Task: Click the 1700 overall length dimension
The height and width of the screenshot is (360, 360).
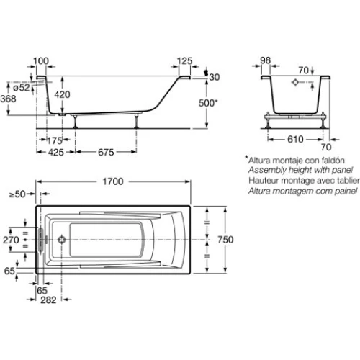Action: [113, 181]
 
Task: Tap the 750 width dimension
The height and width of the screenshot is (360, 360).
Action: [225, 240]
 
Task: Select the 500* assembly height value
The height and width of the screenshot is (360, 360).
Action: [208, 103]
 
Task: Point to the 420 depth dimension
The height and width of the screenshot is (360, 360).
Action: [62, 94]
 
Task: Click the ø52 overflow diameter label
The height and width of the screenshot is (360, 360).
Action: [22, 87]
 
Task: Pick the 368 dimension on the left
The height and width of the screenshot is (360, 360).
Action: [8, 99]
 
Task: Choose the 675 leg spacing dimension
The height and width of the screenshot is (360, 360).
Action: [106, 152]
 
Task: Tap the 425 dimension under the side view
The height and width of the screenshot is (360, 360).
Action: [56, 152]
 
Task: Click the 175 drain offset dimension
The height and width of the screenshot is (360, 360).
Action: [55, 140]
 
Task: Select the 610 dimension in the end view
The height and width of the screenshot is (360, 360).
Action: [295, 139]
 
